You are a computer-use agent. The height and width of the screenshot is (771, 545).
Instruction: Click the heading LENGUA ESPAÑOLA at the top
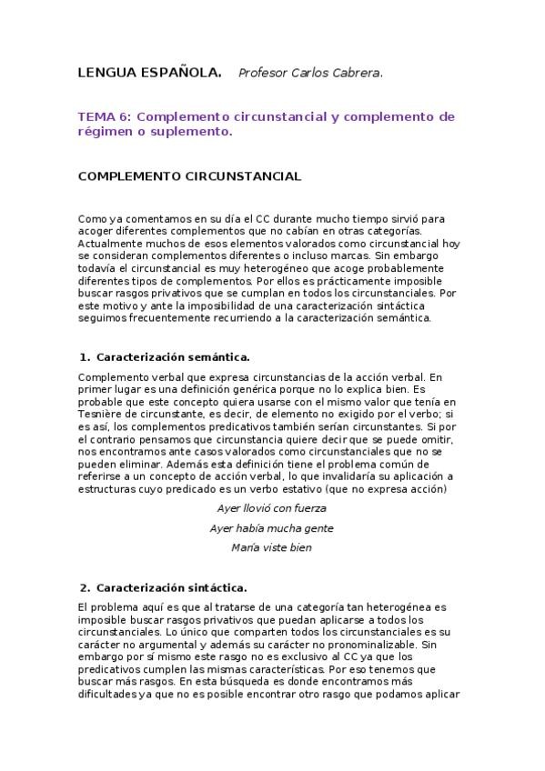click(x=150, y=73)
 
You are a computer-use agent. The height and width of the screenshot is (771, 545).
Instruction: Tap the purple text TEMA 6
click(x=106, y=116)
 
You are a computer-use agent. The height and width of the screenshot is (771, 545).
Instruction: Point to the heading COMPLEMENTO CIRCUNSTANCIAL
click(x=190, y=175)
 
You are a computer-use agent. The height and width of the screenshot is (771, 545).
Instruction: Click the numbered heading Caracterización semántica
click(x=172, y=357)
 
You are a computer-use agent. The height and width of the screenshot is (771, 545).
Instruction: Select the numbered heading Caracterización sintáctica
click(x=171, y=587)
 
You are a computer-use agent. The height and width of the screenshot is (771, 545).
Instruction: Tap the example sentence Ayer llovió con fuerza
click(x=272, y=508)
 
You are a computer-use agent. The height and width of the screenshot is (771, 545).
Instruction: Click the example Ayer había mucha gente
click(x=271, y=528)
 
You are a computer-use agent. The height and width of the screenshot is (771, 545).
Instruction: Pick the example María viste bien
click(x=272, y=548)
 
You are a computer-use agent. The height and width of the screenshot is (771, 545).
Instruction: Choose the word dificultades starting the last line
click(x=108, y=696)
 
